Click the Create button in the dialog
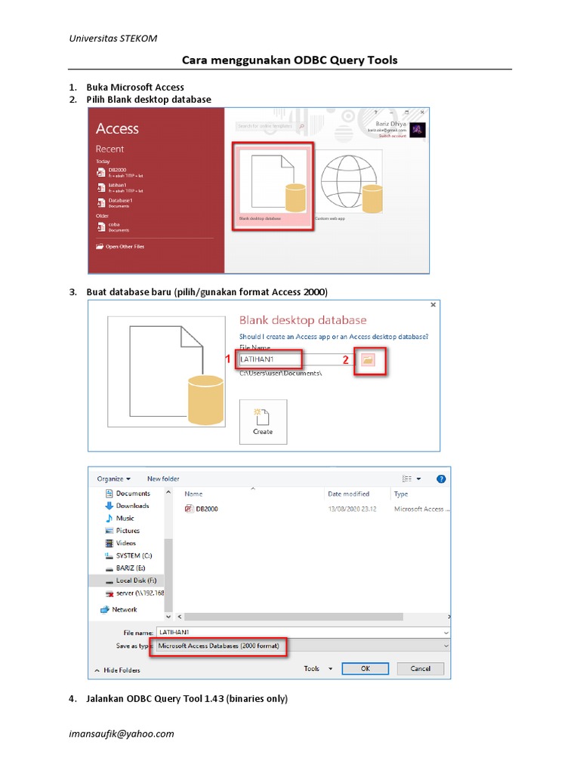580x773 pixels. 263,421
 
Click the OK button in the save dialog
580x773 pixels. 365,668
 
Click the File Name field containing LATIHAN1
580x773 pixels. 270,360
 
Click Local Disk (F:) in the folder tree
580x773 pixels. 136,581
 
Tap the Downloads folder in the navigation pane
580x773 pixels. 132,506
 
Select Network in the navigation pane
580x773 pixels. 124,609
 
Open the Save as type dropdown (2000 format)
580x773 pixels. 302,646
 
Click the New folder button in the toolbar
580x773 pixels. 163,479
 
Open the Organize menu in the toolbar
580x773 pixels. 113,479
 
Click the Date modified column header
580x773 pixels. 348,494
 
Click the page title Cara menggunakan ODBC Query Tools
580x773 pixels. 289,60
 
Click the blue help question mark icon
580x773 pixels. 441,479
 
